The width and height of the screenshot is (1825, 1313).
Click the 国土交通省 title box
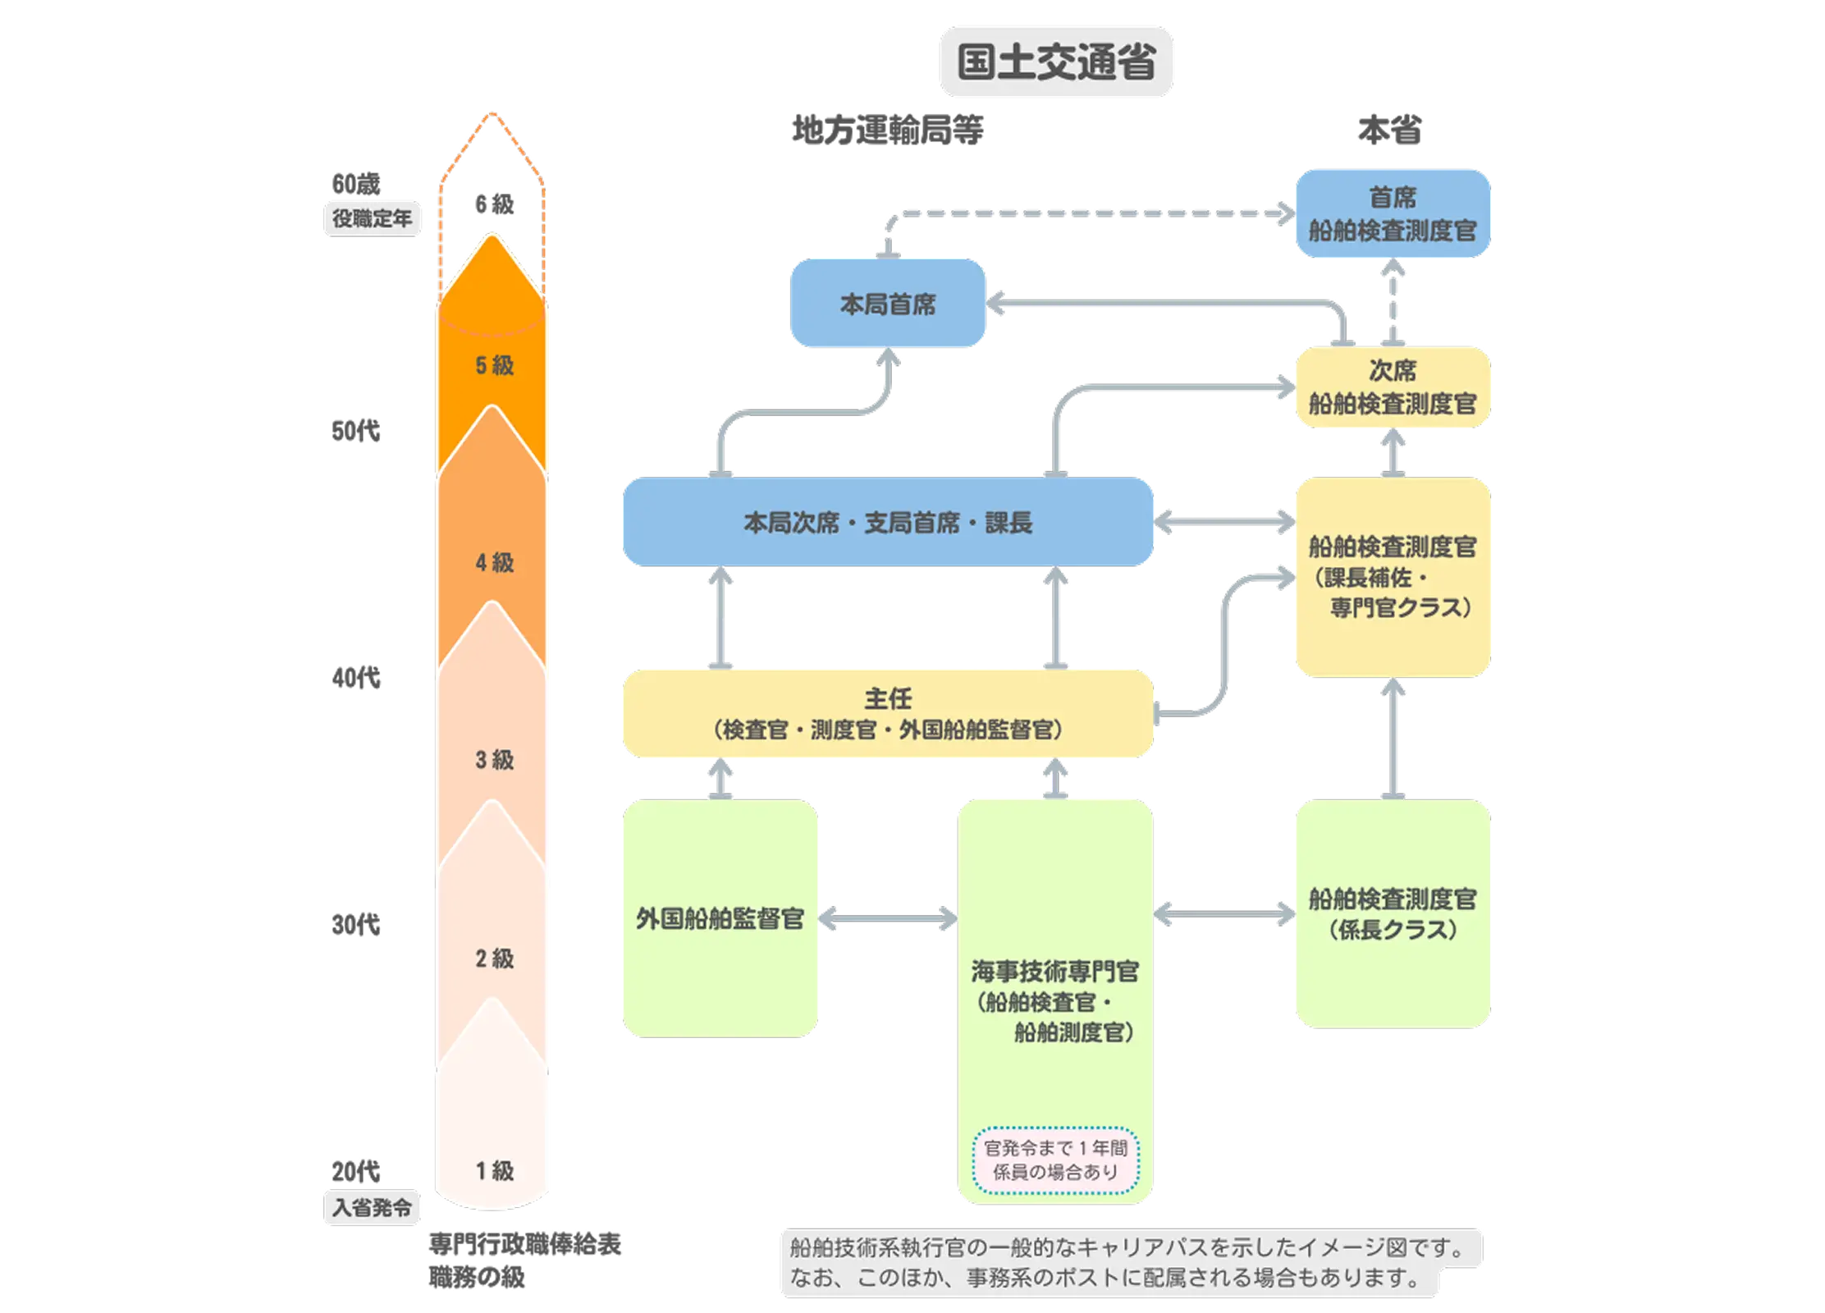[1056, 62]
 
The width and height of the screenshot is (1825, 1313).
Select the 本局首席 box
[887, 304]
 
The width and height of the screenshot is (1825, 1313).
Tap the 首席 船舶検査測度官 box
[1392, 214]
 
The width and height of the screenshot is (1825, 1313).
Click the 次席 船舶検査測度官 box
[1392, 387]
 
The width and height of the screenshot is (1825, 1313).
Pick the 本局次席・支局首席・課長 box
[887, 522]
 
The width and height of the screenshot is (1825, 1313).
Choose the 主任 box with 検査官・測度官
[887, 712]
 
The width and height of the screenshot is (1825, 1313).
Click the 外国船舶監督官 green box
[719, 917]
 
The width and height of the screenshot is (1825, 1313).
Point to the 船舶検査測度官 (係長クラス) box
[1392, 913]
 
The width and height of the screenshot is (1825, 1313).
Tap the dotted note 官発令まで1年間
[1055, 1160]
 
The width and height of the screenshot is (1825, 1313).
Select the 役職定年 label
[372, 218]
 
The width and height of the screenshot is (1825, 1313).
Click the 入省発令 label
[372, 1207]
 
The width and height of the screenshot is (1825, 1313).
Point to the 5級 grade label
[494, 365]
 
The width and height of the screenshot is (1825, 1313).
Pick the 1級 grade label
[494, 1170]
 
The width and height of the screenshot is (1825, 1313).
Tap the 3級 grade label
[494, 760]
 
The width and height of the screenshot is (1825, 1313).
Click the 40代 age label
[355, 678]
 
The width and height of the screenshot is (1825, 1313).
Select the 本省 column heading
[1390, 130]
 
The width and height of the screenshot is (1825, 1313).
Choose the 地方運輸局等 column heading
[886, 130]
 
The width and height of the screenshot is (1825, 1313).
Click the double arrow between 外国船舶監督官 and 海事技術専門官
[888, 918]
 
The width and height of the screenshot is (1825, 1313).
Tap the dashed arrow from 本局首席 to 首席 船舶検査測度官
[1083, 213]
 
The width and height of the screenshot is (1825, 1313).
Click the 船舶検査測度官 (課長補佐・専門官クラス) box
[1392, 577]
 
